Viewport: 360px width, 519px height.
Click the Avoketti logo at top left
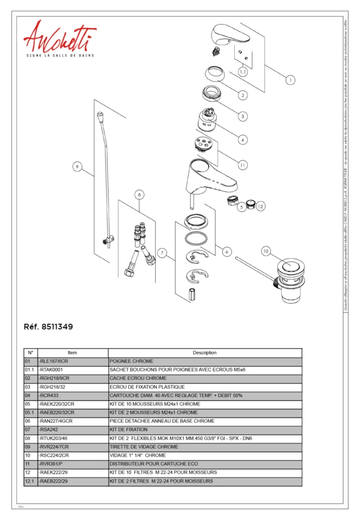pos(59,39)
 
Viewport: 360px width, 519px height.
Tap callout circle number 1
pos(290,80)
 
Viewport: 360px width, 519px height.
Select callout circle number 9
pos(77,167)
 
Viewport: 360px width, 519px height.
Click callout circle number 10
pos(265,251)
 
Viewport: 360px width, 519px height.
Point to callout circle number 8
pos(139,195)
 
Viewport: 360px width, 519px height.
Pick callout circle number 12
pos(260,207)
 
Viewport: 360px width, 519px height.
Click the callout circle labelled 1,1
pos(243,72)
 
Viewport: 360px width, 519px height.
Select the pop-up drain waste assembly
pos(291,280)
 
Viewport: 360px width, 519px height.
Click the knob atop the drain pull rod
pos(100,115)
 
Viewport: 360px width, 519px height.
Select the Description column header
pos(205,352)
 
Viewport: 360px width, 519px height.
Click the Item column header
pos(72,352)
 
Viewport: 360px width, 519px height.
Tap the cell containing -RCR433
pos(72,395)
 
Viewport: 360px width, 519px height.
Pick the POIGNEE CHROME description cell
pos(205,361)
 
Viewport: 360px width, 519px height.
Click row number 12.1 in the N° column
pos(30,481)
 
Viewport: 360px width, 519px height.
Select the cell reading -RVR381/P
pos(72,464)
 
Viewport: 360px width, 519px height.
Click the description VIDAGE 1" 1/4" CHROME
pos(205,455)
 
